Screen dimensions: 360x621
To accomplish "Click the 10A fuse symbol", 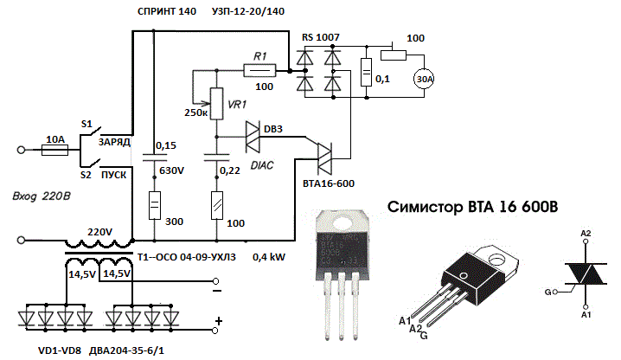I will click(x=54, y=149).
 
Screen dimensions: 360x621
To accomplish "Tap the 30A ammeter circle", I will click(x=425, y=79).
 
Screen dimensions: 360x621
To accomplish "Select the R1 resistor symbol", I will click(x=259, y=68).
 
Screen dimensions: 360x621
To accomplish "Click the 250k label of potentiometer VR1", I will click(x=195, y=113).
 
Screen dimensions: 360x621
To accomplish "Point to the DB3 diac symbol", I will click(x=253, y=135).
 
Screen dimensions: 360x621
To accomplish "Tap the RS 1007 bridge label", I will click(x=320, y=38).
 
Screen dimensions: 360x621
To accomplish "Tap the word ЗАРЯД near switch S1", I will click(x=115, y=141).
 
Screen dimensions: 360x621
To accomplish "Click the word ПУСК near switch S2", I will click(x=115, y=174).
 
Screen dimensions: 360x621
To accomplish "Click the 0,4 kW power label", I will click(x=268, y=257).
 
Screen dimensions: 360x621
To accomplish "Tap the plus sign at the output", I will click(x=219, y=321).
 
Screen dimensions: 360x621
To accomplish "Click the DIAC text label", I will click(x=259, y=164).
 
